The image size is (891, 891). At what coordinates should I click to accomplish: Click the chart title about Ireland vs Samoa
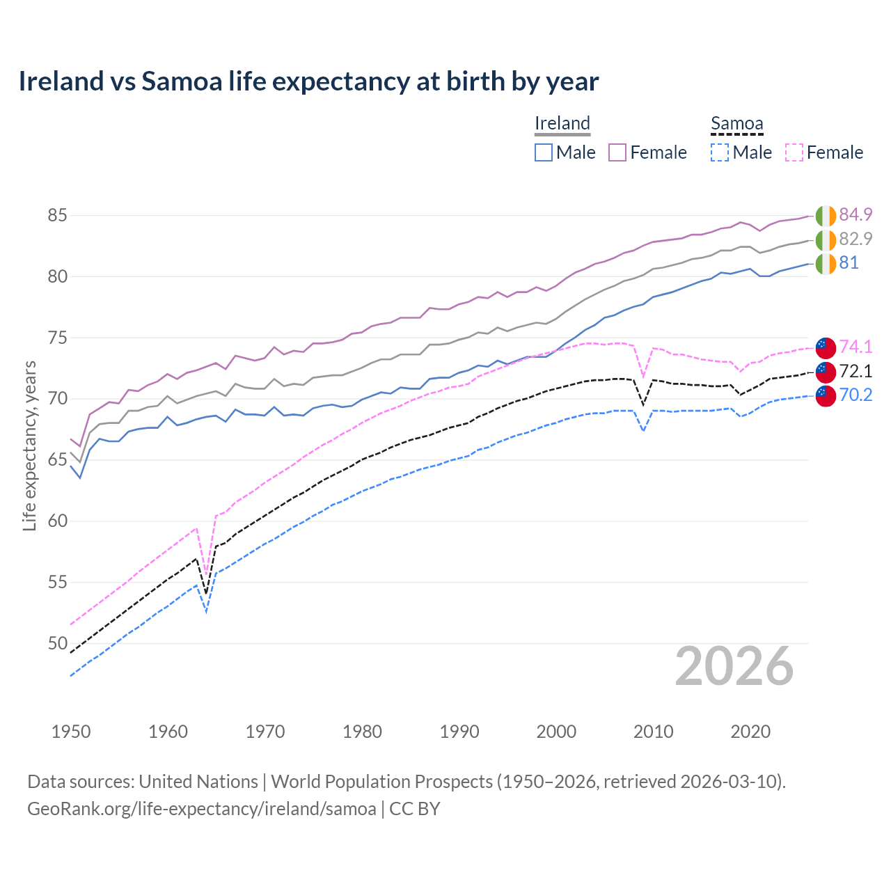(x=308, y=81)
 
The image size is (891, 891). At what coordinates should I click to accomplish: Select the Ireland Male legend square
(x=544, y=152)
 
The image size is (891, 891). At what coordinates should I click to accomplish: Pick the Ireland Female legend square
(x=617, y=152)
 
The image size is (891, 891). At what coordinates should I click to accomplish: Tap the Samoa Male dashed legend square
(x=720, y=152)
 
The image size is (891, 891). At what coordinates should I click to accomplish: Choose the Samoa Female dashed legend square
(x=794, y=152)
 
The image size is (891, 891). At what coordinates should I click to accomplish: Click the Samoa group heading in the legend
(x=736, y=123)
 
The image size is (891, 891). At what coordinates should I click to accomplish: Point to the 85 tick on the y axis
(x=57, y=216)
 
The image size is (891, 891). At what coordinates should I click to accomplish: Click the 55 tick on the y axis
(x=57, y=582)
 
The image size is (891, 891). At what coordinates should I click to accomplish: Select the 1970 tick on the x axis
(x=265, y=732)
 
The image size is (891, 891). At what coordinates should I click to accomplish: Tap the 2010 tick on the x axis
(x=654, y=732)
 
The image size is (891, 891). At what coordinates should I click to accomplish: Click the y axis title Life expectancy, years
(x=29, y=445)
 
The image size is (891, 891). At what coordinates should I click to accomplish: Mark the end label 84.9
(x=855, y=214)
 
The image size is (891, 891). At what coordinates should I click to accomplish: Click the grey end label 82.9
(x=855, y=239)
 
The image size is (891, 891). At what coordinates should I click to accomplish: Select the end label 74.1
(x=855, y=347)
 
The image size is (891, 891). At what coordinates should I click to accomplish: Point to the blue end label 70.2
(x=855, y=395)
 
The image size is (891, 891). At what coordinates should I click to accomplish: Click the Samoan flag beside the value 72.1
(x=826, y=371)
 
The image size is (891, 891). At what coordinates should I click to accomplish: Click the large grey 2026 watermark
(x=734, y=667)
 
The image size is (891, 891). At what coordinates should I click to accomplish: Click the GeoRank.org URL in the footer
(x=201, y=809)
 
